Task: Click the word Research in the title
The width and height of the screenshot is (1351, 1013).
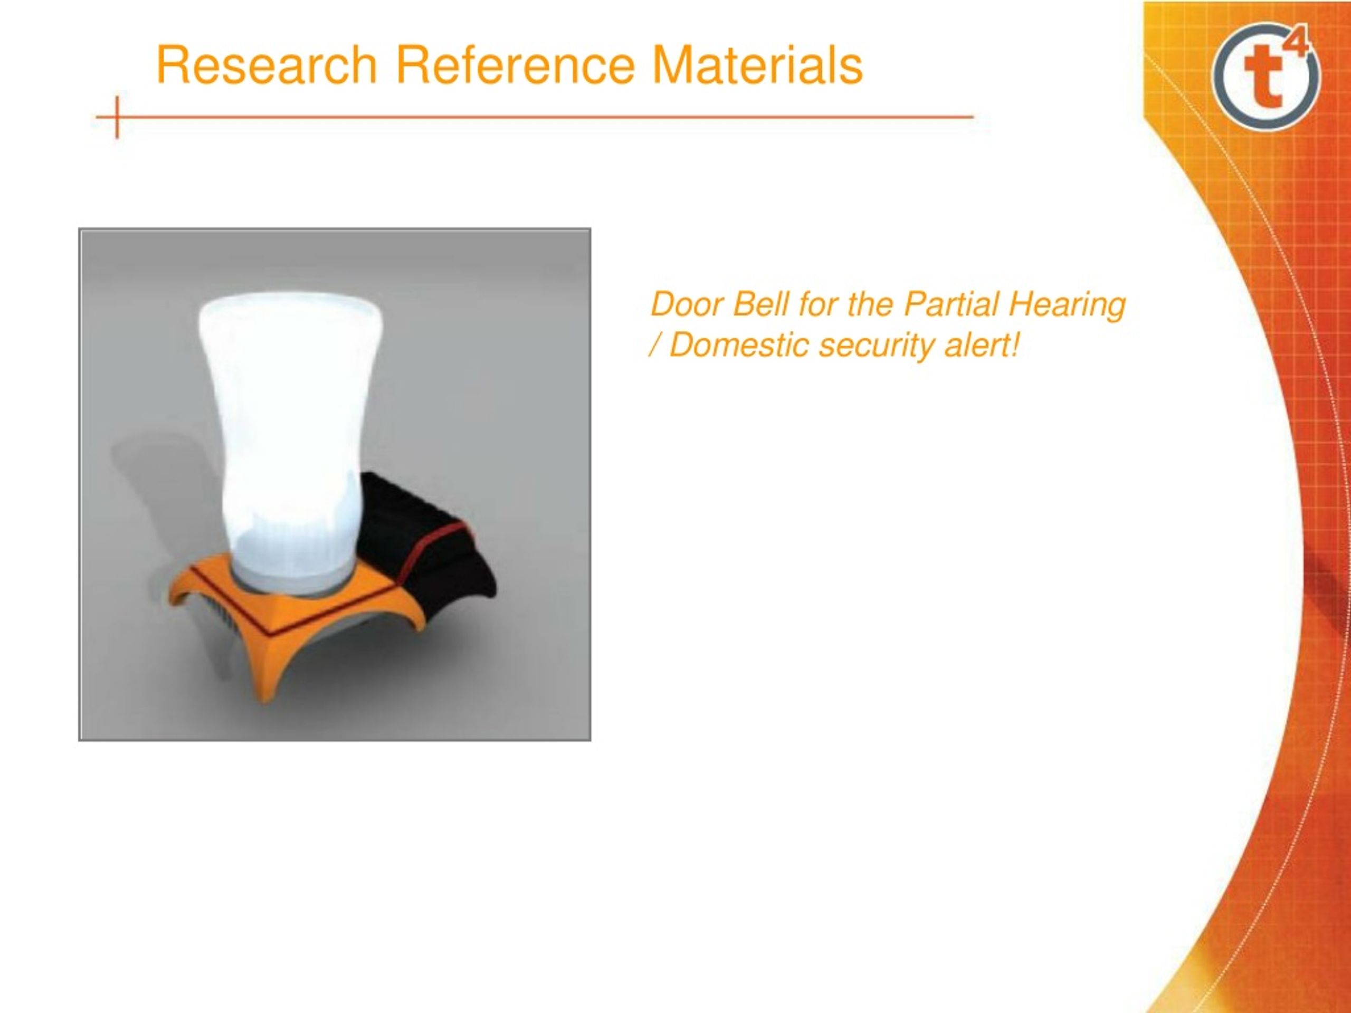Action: tap(267, 65)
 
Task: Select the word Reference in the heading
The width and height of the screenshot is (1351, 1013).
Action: tap(516, 65)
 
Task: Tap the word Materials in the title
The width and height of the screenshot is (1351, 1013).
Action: tap(757, 65)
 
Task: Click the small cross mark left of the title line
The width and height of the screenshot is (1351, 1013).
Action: tap(116, 117)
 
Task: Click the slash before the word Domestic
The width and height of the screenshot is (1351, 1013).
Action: tap(655, 346)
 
